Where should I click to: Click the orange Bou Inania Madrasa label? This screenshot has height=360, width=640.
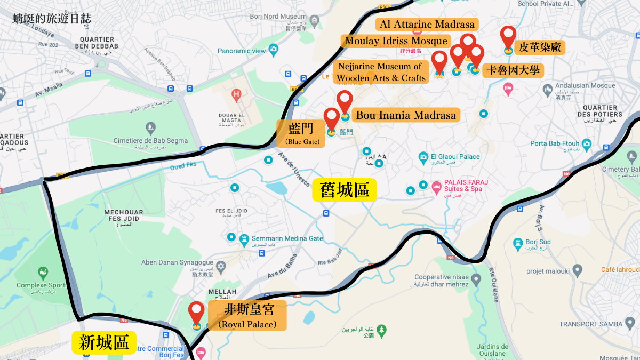[x=406, y=115]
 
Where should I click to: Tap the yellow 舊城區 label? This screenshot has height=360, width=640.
[x=345, y=190]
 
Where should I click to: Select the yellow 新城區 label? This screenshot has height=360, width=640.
[x=104, y=342]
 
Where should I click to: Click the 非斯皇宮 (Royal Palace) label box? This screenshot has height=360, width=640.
[x=247, y=315]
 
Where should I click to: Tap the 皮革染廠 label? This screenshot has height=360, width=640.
[x=540, y=47]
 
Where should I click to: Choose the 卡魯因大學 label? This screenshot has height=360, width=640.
[x=513, y=70]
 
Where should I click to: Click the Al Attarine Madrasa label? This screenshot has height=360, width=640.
[x=427, y=25]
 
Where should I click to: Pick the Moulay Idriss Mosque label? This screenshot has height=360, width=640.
[x=396, y=41]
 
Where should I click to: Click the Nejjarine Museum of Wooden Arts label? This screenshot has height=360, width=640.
[x=381, y=73]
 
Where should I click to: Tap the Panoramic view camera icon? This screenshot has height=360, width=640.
[x=274, y=51]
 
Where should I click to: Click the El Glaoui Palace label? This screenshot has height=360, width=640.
[x=455, y=157]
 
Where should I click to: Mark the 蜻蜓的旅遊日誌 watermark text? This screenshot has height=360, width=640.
[x=52, y=19]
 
